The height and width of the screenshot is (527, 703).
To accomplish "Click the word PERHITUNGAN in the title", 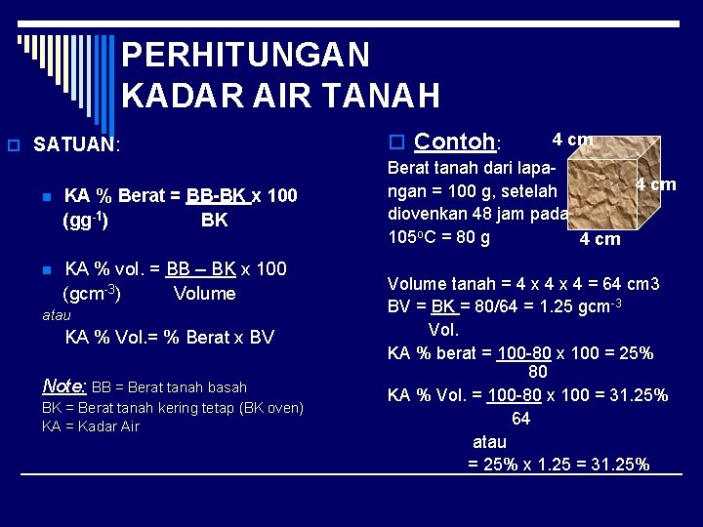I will [x=246, y=55].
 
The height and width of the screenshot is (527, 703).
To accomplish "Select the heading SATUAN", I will [x=74, y=145].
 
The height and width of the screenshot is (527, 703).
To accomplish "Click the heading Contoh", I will [x=455, y=142].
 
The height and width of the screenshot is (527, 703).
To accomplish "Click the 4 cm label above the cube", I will [x=572, y=140].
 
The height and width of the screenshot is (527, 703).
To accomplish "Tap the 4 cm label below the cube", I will [x=600, y=239].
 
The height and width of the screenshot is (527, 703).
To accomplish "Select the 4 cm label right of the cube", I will [x=656, y=184].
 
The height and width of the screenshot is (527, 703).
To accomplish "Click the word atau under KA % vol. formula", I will [x=57, y=315].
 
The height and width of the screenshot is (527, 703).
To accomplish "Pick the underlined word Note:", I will [x=64, y=386].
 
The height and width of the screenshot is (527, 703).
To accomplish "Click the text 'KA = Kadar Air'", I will [x=91, y=426].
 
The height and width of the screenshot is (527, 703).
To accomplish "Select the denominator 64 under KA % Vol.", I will [x=520, y=419].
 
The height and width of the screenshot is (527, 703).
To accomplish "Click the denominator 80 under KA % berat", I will [x=537, y=373].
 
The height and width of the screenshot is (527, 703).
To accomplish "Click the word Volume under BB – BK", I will [x=204, y=294].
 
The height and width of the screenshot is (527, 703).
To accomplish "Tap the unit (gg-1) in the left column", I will [x=85, y=221].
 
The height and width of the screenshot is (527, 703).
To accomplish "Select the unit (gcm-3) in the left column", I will [x=91, y=294].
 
